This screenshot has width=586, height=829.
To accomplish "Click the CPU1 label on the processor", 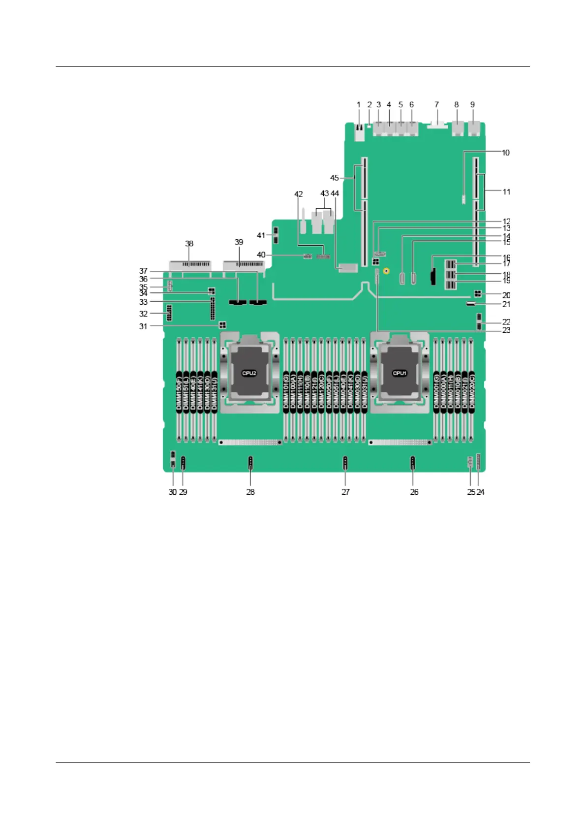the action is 400,373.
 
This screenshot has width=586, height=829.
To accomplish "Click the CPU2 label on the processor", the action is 249,373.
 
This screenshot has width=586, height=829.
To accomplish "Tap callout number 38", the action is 189,244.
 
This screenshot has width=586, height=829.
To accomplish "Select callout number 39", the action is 239,242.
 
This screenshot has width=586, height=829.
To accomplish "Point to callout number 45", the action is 335,178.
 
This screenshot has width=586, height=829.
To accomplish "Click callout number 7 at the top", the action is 436,105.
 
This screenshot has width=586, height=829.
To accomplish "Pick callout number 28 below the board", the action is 250,492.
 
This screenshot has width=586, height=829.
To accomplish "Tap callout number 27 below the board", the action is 345,492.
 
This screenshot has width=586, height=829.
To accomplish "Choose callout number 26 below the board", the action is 414,492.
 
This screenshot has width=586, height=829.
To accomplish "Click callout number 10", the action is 506,153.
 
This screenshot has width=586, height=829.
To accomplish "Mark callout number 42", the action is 299,194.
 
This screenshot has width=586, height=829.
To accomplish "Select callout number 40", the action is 261,255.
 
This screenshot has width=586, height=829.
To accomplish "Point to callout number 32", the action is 143,314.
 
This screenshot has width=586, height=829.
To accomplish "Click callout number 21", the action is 506,304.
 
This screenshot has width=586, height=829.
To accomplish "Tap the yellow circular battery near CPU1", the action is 387,270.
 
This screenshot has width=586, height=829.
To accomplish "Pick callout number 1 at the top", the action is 359,105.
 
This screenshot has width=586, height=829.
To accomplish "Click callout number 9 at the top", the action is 472,105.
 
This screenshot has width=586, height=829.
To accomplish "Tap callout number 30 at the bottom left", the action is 172,492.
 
